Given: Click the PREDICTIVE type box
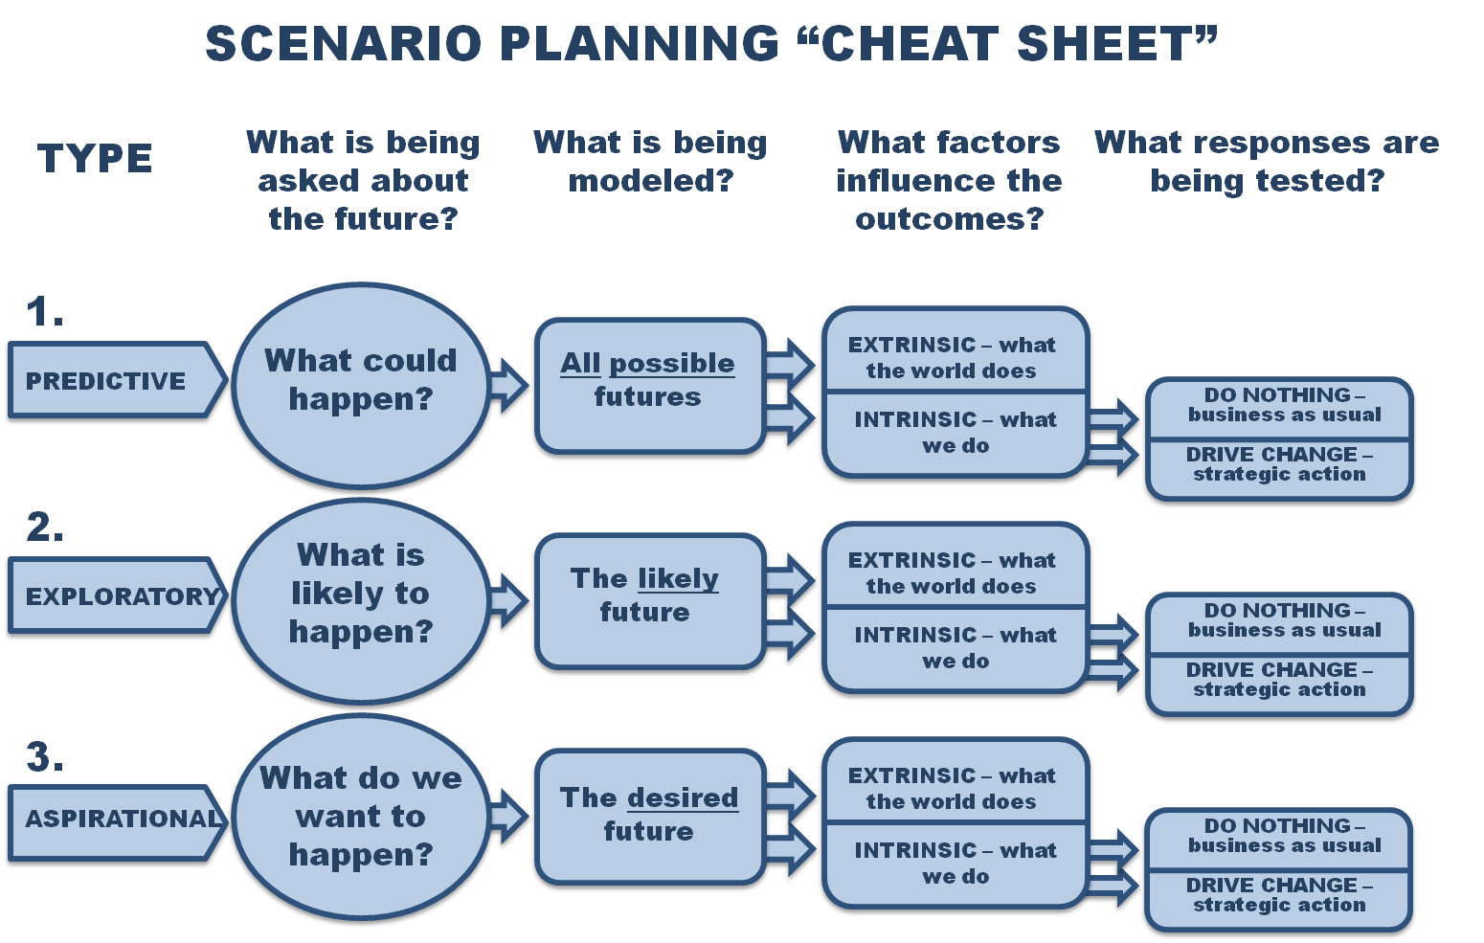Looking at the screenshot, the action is [117, 380].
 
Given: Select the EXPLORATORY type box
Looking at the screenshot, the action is [117, 595].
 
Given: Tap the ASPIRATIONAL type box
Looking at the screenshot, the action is [117, 823].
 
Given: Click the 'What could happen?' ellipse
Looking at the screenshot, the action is [361, 385].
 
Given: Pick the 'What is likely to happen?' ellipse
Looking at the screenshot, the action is [361, 600].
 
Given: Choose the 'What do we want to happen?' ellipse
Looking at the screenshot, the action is [361, 817].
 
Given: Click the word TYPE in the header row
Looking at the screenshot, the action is [95, 159].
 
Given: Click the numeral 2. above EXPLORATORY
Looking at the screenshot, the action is [45, 527].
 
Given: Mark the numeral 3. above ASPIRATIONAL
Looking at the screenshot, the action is [45, 756].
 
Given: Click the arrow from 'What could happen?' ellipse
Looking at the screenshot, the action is [508, 385].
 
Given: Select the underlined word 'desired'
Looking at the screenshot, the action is [683, 797].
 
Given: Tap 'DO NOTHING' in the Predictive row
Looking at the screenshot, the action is [1276, 395].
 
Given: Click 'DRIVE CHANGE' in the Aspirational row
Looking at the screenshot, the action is [1271, 886].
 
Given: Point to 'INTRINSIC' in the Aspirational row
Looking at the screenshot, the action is [915, 850].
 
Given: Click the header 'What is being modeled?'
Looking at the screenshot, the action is [651, 162].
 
